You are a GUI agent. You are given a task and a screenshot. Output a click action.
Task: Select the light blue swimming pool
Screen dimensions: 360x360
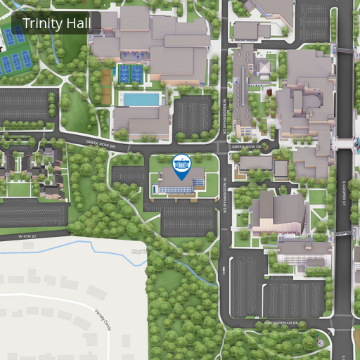coord(141,99)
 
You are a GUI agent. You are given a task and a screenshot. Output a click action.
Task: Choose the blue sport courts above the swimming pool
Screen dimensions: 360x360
coord(130,73)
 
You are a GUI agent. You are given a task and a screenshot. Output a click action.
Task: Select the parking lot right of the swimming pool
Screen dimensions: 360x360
coord(193,115)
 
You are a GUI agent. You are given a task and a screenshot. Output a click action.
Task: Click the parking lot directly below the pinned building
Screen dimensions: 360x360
coord(188,219)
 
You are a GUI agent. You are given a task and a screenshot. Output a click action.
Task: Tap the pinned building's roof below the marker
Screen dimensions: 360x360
coord(181,181)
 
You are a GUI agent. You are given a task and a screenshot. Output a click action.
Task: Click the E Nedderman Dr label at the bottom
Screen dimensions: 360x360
coord(281,323)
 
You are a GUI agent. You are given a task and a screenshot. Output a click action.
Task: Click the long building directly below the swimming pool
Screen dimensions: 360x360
coord(141,122)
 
